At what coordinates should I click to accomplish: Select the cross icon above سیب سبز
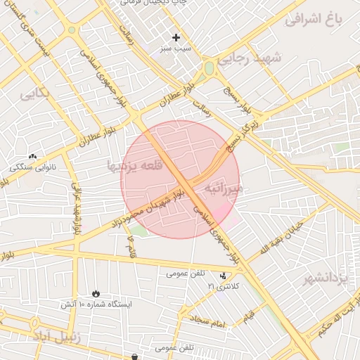(x=176, y=37)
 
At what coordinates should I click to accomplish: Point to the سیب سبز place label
(x=176, y=50)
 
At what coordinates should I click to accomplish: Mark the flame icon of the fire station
(x=96, y=293)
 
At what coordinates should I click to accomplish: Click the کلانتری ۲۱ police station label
(x=224, y=287)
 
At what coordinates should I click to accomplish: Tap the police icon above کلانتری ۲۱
(x=224, y=276)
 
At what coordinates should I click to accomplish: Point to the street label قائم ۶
(x=131, y=246)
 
